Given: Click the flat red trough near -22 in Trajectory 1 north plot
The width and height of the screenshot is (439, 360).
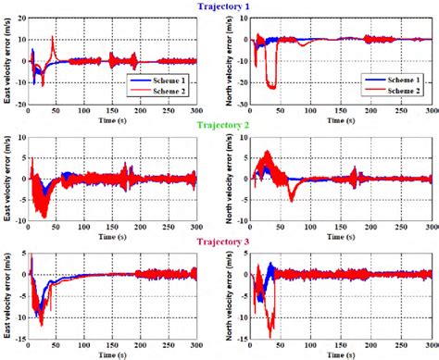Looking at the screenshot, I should [x=270, y=86].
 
